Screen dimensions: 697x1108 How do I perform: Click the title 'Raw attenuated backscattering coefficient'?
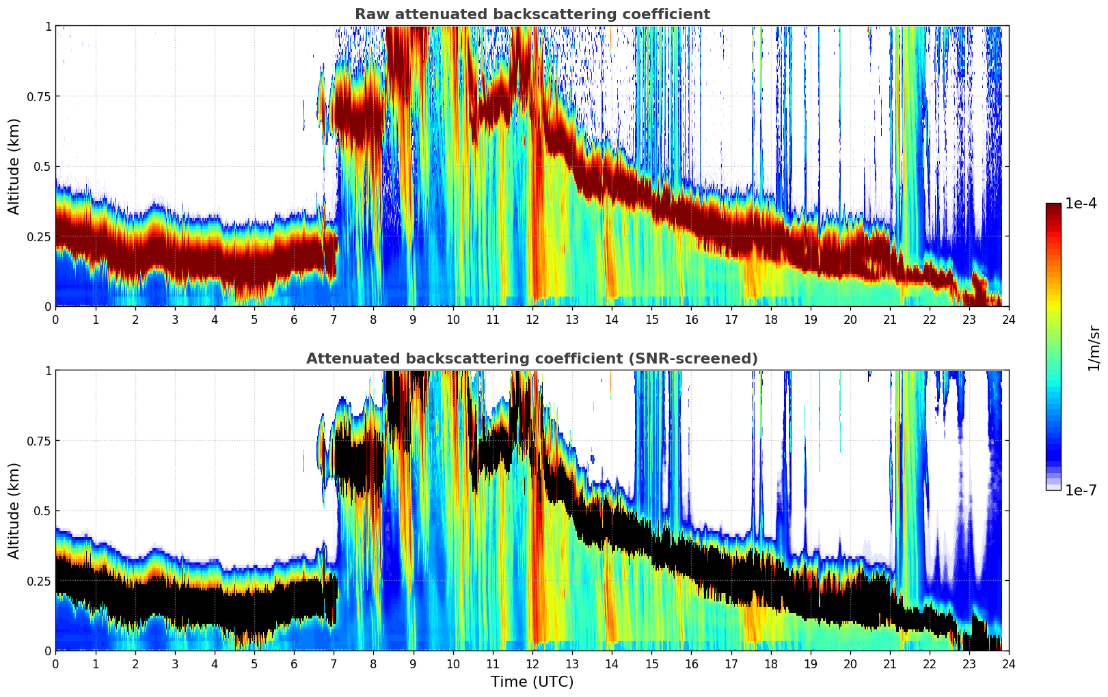pyautogui.click(x=532, y=14)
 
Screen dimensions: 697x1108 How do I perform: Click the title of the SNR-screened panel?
pyautogui.click(x=532, y=359)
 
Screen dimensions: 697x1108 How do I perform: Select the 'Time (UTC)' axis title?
pyautogui.click(x=532, y=682)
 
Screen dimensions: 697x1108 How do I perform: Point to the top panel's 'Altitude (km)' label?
pyautogui.click(x=14, y=166)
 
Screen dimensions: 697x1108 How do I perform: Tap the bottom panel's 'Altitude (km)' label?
pyautogui.click(x=14, y=510)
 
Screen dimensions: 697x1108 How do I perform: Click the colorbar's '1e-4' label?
pyautogui.click(x=1082, y=204)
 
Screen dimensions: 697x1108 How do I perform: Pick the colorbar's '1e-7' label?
pyautogui.click(x=1082, y=490)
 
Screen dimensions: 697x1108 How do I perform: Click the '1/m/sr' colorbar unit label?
pyautogui.click(x=1093, y=348)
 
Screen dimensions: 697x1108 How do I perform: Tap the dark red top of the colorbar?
pyautogui.click(x=1053, y=206)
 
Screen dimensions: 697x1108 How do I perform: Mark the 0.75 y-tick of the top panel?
pyautogui.click(x=38, y=96)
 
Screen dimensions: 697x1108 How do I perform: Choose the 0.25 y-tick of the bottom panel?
pyautogui.click(x=38, y=581)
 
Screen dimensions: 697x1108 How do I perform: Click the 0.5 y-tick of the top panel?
pyautogui.click(x=42, y=167)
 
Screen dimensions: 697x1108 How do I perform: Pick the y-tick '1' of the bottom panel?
pyautogui.click(x=48, y=371)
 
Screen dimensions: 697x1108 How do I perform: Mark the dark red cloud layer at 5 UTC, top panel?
pyautogui.click(x=254, y=260)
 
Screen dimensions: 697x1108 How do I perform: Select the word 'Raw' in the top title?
pyautogui.click(x=370, y=14)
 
